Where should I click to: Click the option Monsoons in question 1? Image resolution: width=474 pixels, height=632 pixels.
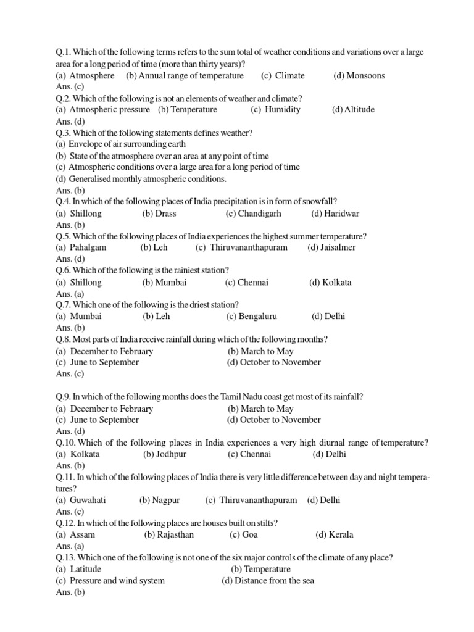point(365,76)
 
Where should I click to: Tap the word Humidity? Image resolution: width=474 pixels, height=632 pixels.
point(283,110)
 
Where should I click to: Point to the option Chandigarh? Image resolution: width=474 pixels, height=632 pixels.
point(259,214)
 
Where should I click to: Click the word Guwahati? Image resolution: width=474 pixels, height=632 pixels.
point(88,500)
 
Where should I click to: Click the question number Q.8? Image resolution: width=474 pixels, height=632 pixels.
point(63,339)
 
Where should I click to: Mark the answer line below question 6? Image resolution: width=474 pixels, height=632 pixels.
point(70,294)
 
